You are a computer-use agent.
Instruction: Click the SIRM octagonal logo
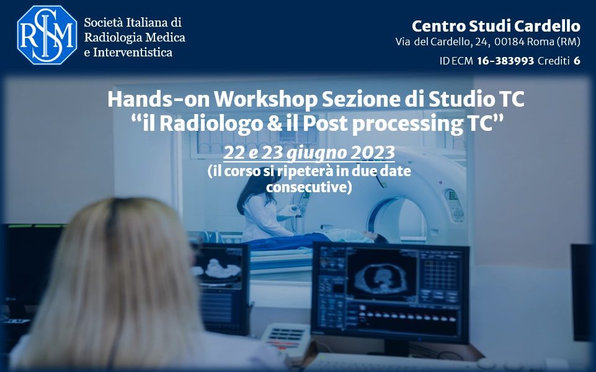47,35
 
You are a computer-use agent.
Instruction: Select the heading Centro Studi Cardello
496,26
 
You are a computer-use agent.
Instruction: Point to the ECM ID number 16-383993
505,61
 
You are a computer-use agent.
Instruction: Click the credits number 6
577,61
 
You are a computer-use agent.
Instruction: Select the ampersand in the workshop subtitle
275,123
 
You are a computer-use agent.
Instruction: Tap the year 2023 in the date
373,153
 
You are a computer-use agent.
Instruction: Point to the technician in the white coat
262,207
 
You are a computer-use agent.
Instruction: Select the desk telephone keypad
285,336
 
